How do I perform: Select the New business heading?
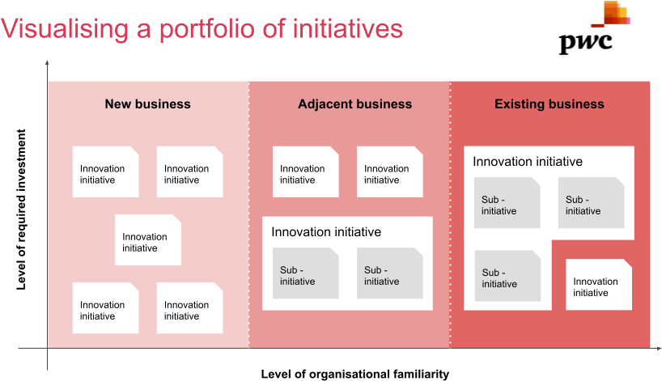(x=148, y=104)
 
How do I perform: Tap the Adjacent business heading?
(x=354, y=104)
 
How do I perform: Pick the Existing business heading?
(x=550, y=104)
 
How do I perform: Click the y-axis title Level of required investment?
(x=21, y=210)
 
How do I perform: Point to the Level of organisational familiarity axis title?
(x=354, y=374)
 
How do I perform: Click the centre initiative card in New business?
(x=148, y=239)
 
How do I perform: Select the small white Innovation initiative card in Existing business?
(x=599, y=285)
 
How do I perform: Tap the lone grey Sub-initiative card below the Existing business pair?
(x=507, y=276)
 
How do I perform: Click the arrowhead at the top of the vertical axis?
(x=47, y=62)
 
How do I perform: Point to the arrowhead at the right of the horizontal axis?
(x=659, y=349)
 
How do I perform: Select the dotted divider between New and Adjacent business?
(x=248, y=214)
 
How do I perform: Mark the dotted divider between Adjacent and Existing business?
(x=450, y=214)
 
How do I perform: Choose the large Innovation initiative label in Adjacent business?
(x=326, y=231)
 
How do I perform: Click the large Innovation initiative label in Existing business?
(x=528, y=161)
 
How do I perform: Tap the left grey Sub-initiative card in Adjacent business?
(x=306, y=273)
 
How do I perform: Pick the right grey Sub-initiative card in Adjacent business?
(x=390, y=273)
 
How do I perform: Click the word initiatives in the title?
(x=348, y=28)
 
